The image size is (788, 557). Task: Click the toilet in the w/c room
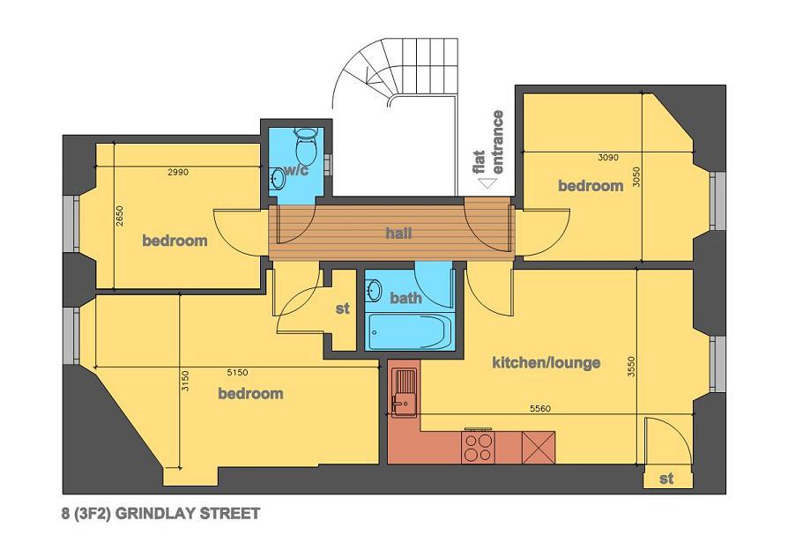[x=306, y=144]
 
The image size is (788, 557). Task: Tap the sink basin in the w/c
[x=278, y=177]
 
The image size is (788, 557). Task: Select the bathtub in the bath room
[x=410, y=331]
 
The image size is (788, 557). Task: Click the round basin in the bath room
[x=374, y=290]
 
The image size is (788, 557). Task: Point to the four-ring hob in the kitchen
[x=478, y=447]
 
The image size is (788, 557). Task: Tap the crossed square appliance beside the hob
[x=539, y=448]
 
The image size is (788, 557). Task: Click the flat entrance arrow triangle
[x=487, y=184]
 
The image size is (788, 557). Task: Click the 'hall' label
[x=399, y=233]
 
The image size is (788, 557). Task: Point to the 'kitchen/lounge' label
[x=546, y=362]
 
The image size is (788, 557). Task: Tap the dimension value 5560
[x=540, y=409]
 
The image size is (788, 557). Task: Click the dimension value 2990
[x=178, y=172]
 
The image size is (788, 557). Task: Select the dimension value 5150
[x=238, y=373]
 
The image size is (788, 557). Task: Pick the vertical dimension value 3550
[x=632, y=367]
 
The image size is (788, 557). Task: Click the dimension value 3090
[x=608, y=158]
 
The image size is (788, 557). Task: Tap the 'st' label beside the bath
[x=343, y=308]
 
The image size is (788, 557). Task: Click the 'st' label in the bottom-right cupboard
[x=666, y=479]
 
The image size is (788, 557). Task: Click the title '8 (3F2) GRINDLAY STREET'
[x=160, y=514]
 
